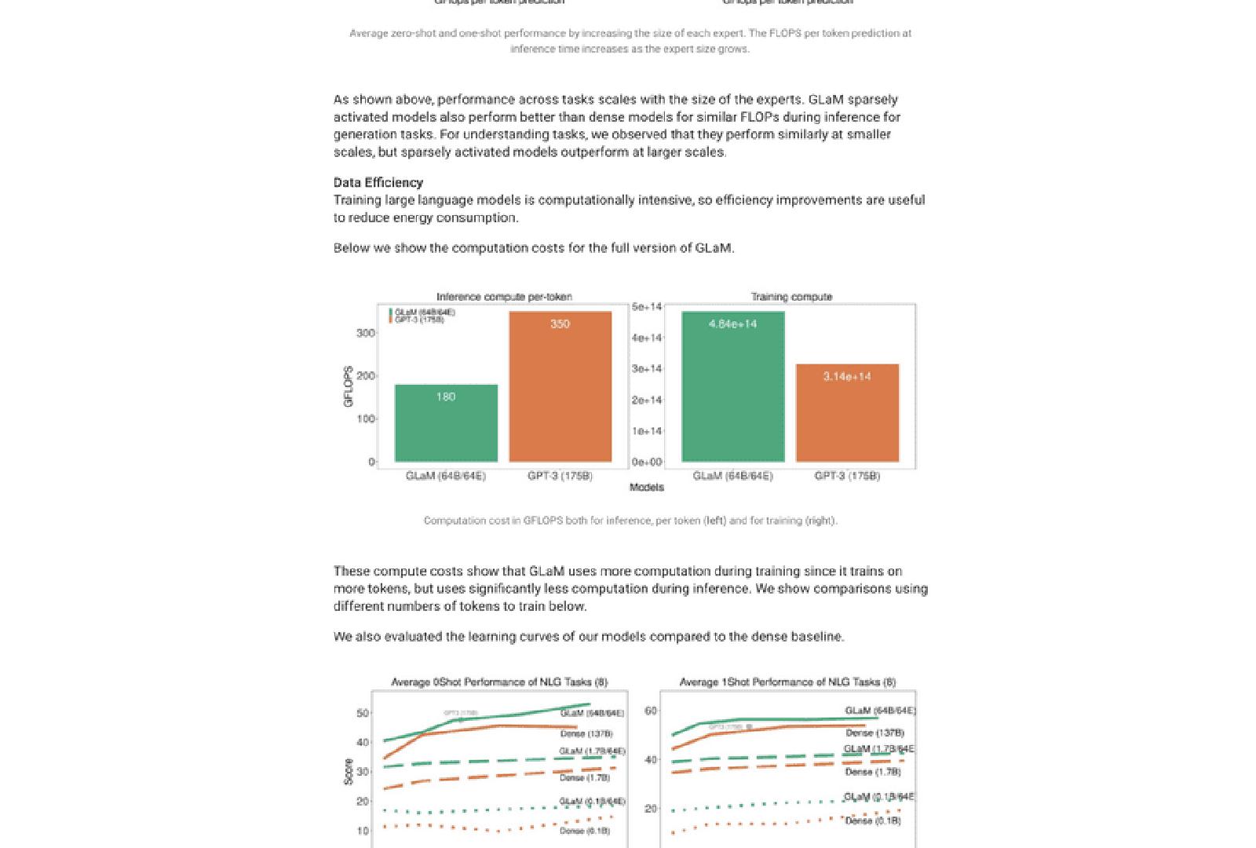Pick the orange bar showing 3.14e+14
847,412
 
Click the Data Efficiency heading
378,183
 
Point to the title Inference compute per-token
504,297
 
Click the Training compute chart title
790,297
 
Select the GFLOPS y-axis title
349,387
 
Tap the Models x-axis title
646,488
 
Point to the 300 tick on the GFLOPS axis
365,333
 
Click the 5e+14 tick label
647,307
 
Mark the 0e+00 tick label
647,462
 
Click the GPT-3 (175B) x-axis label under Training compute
847,476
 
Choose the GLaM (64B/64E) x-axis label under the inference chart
445,476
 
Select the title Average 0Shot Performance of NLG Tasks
499,682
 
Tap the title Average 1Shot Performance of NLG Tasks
787,682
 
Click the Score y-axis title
349,772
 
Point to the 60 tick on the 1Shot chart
650,711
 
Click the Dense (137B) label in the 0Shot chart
586,734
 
